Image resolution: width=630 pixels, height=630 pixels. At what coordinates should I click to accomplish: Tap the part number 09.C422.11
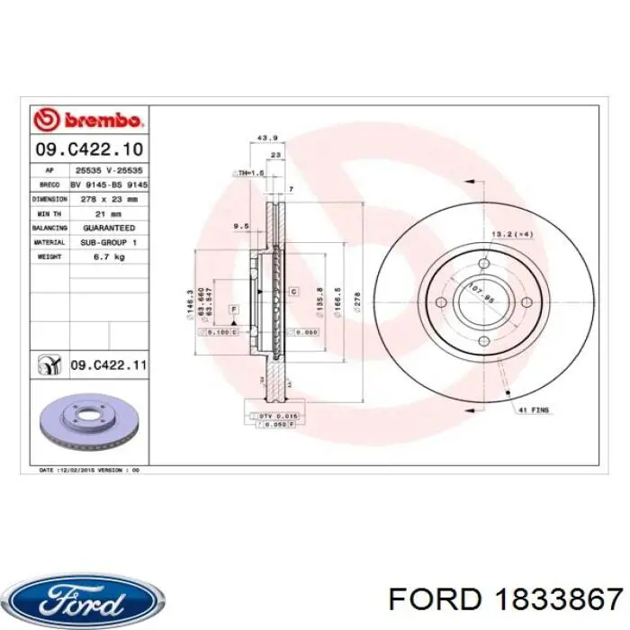click(x=108, y=364)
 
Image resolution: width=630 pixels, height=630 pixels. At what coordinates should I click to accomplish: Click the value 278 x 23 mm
click(x=109, y=198)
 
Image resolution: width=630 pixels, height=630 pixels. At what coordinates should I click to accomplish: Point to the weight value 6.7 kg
click(x=109, y=256)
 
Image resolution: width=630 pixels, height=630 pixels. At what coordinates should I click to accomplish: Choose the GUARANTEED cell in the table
click(x=109, y=228)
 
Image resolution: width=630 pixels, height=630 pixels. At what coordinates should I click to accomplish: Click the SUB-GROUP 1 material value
click(x=109, y=242)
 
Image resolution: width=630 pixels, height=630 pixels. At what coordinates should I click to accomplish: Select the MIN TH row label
click(x=49, y=213)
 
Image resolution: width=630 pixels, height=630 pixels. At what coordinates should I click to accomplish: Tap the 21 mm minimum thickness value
click(x=109, y=213)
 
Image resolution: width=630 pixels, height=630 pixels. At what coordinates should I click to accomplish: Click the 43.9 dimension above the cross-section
click(x=267, y=138)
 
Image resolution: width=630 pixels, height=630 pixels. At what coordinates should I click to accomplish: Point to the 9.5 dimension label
click(x=241, y=225)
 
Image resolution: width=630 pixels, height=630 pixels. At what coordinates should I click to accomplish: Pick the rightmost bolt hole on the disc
click(x=524, y=301)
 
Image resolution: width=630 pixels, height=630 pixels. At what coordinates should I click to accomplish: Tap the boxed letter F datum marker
click(x=234, y=309)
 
